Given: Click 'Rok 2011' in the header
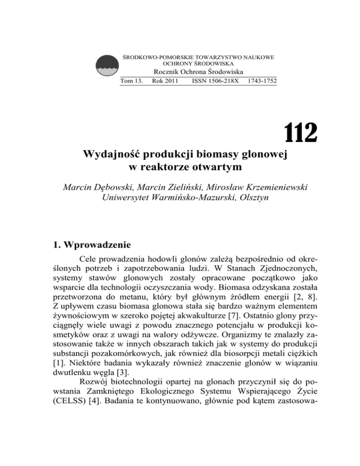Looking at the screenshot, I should point(165,81).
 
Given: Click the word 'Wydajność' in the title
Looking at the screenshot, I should point(116,154).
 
